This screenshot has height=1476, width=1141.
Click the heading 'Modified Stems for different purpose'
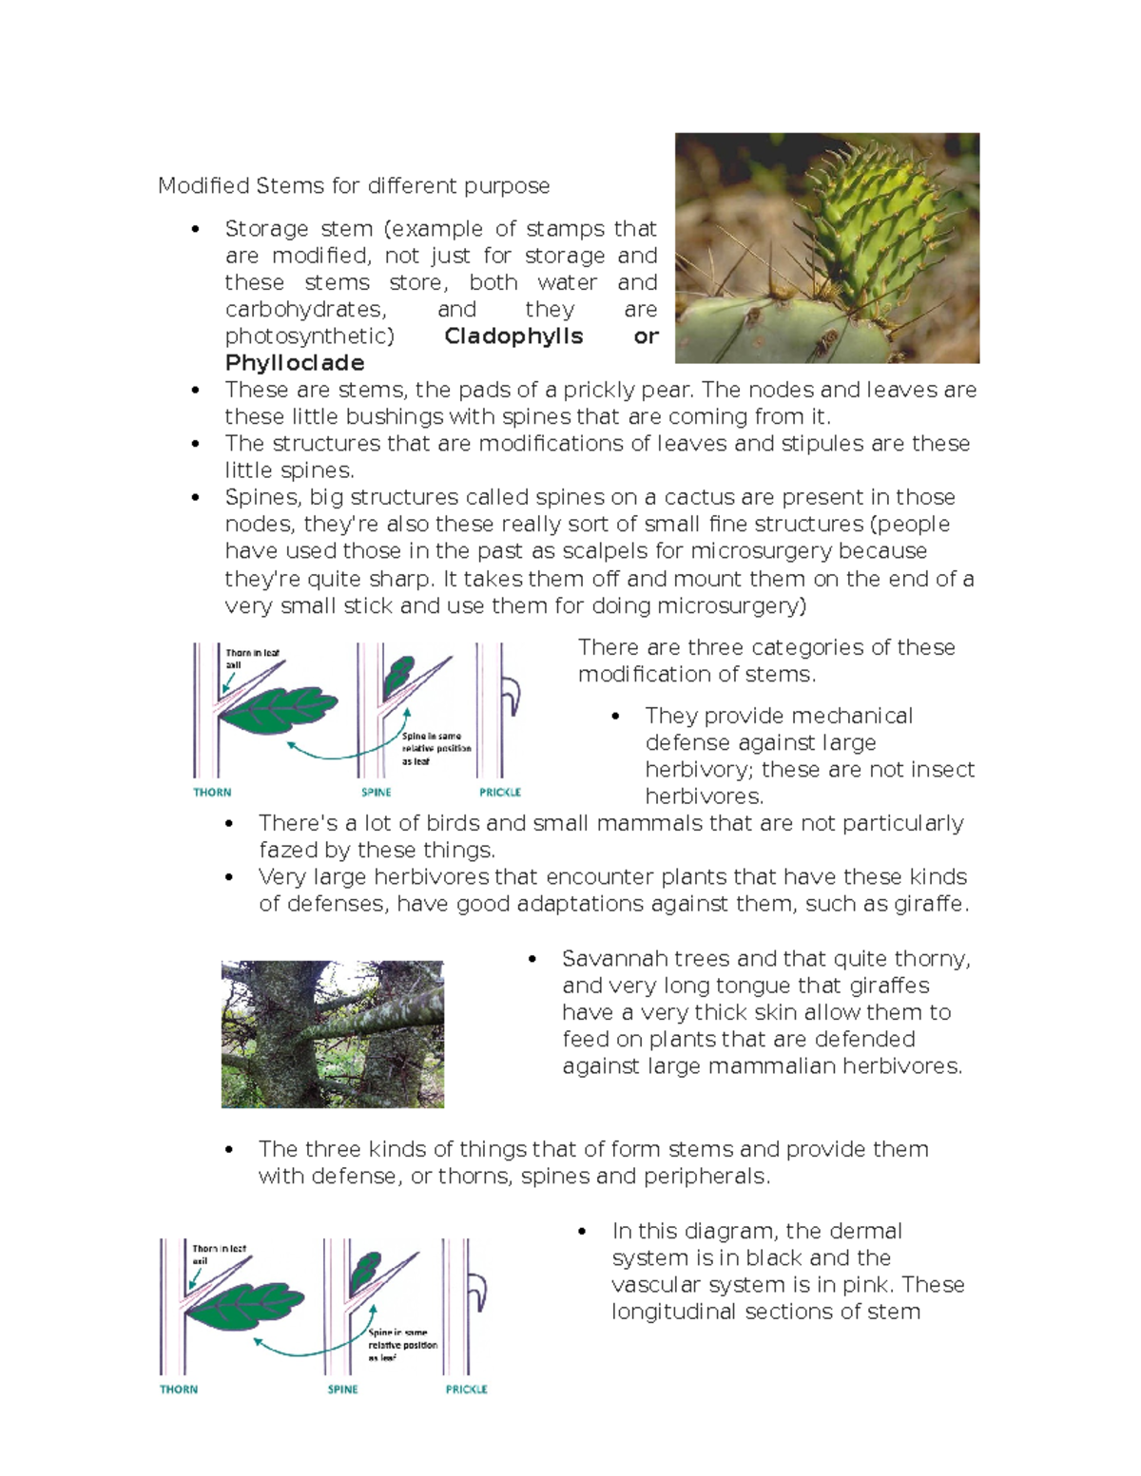(354, 185)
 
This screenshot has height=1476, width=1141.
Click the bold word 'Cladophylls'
(513, 336)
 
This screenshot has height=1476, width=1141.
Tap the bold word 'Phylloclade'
(295, 363)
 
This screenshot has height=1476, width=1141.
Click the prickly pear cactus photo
(826, 248)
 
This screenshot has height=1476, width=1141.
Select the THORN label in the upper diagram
(212, 792)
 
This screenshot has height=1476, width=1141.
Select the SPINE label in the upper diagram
(377, 792)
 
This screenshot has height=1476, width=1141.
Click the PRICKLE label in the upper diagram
(500, 792)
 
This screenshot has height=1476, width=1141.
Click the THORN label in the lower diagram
(179, 1389)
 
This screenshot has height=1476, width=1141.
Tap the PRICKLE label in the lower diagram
(467, 1389)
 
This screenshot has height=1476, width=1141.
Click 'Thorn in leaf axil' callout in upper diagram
(251, 659)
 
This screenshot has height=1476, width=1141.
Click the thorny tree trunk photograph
(332, 1034)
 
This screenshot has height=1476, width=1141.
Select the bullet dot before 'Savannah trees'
(533, 960)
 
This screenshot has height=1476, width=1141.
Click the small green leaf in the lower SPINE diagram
(367, 1269)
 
